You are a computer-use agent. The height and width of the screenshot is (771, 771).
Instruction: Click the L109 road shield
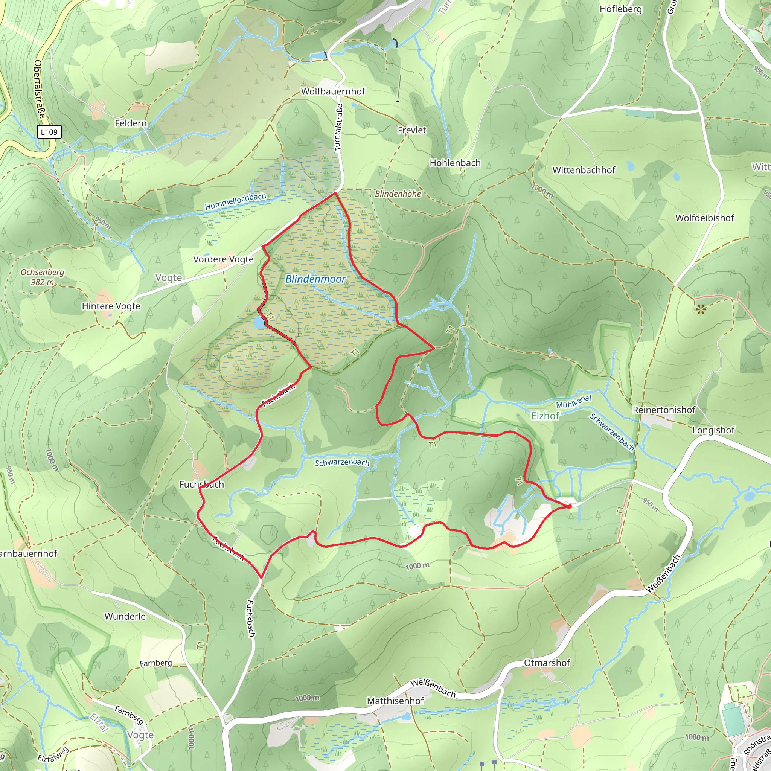coord(49,132)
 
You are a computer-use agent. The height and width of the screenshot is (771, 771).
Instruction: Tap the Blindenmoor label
coord(315,279)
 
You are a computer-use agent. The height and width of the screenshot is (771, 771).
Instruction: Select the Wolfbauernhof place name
coord(333,91)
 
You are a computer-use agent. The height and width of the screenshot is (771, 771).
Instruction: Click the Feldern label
coord(131,123)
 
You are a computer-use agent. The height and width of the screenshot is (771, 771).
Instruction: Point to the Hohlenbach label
coord(455,163)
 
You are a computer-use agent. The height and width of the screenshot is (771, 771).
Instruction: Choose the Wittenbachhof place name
coord(584,170)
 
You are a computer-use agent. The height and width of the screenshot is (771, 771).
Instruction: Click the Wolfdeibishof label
coord(704,218)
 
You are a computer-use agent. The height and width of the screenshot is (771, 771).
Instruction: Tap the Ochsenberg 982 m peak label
coord(42,277)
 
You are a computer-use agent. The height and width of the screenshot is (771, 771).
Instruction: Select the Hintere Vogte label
coord(111,306)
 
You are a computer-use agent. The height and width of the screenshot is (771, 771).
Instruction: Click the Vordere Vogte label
coord(223,259)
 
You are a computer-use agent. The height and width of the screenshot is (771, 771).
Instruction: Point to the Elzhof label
coord(545,416)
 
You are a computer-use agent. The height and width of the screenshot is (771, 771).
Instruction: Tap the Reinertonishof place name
coord(664,410)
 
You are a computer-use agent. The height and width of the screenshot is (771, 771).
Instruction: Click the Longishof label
coord(713,430)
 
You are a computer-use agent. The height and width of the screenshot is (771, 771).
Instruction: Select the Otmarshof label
coord(547,663)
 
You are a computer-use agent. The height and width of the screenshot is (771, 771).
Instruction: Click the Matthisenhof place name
coord(395,701)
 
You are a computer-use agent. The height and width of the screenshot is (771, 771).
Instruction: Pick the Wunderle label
coord(125,616)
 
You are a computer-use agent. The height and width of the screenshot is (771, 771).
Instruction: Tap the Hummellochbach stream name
coord(235,201)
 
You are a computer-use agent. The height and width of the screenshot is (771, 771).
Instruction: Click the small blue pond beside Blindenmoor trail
coord(259,323)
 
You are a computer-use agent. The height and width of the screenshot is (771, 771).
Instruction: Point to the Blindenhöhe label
coord(398,194)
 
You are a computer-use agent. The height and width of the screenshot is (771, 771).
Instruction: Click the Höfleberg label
coord(620,9)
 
